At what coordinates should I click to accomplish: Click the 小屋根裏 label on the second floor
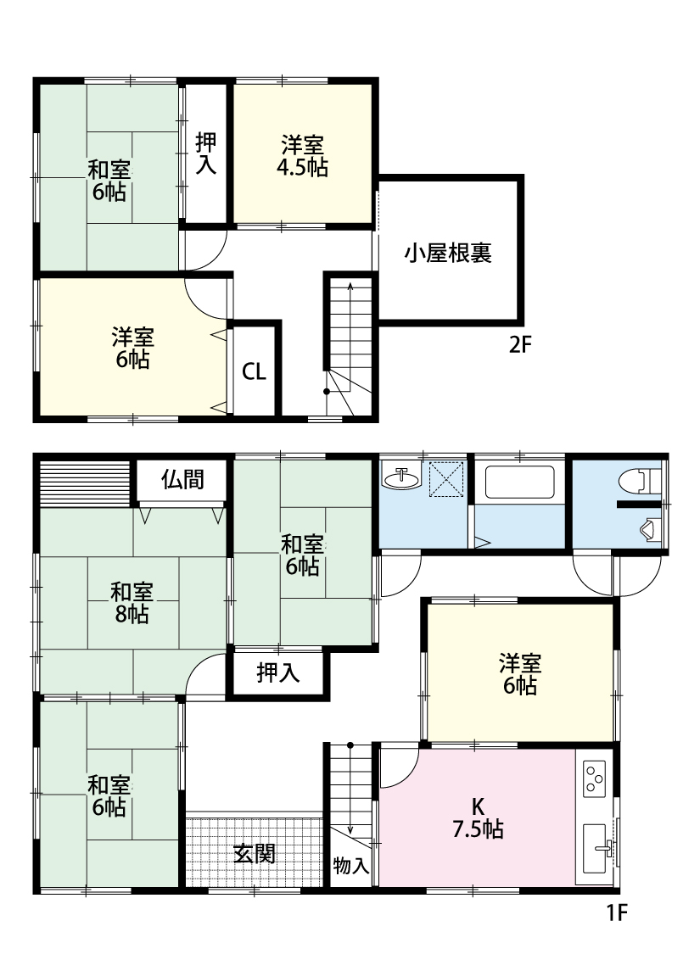(448, 253)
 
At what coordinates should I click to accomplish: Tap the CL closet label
(254, 371)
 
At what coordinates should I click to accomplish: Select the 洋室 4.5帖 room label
(303, 156)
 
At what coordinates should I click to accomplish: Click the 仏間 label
(182, 480)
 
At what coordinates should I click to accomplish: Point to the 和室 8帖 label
(132, 603)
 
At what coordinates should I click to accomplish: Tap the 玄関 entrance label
(255, 854)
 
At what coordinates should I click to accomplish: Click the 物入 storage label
(351, 865)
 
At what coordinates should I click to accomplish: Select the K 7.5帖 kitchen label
(478, 817)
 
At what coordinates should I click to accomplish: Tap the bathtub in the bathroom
(519, 482)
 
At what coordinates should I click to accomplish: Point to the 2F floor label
(520, 345)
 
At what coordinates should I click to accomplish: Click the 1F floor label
(616, 912)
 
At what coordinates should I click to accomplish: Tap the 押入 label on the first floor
(277, 672)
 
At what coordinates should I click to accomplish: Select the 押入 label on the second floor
(205, 153)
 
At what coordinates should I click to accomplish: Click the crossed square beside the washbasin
(446, 479)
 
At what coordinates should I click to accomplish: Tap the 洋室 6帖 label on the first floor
(520, 674)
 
